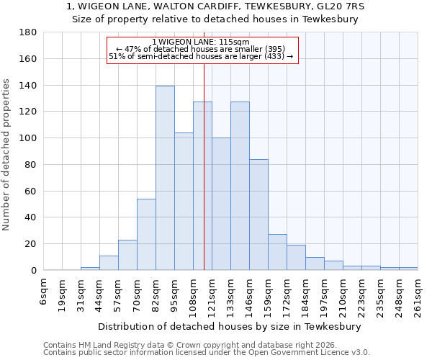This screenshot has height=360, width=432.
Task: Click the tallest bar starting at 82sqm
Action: coord(165,178)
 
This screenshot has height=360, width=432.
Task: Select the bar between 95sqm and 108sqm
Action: coord(184,202)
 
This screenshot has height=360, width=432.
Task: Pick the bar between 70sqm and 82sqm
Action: coord(146,234)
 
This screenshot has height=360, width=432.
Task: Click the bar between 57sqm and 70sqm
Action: coord(127,255)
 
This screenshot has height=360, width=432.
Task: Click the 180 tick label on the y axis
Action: coord(28,32)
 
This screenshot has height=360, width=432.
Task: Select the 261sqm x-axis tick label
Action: coord(418,294)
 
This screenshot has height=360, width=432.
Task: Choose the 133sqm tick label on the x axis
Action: coord(231,294)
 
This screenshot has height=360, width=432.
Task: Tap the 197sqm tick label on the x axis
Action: coord(325,294)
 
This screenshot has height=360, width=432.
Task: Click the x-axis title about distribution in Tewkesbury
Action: coord(230,326)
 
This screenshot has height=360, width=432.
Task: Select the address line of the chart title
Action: coord(215,6)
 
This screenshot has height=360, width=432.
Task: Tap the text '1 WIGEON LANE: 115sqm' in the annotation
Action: coord(202,42)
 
